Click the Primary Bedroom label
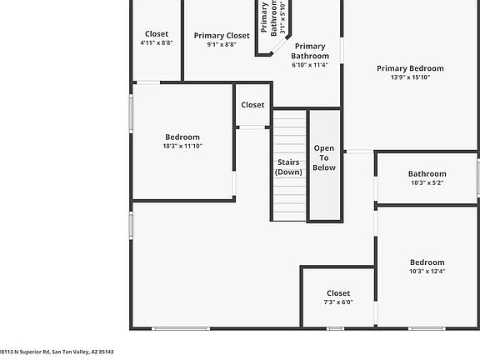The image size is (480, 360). point(410,68)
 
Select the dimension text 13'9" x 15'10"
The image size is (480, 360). point(410,77)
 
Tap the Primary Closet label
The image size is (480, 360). point(222,36)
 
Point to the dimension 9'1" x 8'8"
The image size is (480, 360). point(222,45)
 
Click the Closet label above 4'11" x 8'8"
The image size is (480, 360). point(157,34)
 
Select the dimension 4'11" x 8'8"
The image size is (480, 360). point(157,43)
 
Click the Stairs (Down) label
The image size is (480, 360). point(288,167)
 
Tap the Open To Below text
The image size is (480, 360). point(324,157)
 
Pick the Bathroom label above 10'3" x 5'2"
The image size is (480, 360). point(427,174)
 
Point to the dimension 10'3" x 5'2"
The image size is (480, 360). point(427,183)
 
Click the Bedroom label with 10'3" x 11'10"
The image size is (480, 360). point(182,137)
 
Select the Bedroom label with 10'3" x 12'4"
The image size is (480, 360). point(427,262)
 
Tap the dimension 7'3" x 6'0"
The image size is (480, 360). point(338,302)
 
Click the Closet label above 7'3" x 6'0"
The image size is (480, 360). point(338,293)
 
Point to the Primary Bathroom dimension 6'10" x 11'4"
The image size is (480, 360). point(310,65)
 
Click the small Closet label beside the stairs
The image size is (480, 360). point(252,105)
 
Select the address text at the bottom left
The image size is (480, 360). point(56,352)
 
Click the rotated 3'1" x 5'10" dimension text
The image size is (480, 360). point(283,18)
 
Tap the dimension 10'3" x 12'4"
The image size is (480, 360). point(427,271)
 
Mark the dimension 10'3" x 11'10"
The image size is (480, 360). point(182,146)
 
